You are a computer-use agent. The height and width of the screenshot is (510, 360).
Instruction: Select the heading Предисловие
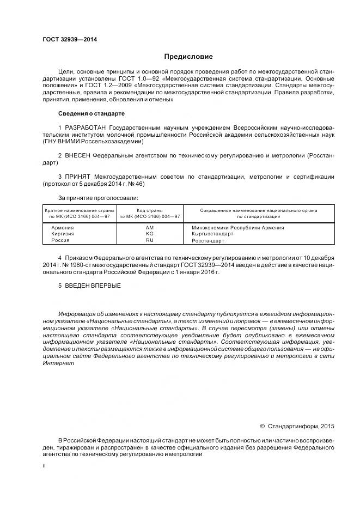tap(188, 57)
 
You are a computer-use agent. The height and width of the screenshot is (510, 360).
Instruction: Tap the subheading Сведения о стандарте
tap(91, 113)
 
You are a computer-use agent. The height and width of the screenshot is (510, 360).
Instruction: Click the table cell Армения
tap(62, 227)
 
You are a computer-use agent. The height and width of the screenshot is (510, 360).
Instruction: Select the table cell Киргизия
tap(63, 233)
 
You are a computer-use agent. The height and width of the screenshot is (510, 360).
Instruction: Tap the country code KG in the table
tap(150, 233)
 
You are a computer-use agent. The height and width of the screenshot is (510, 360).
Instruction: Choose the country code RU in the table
tap(150, 240)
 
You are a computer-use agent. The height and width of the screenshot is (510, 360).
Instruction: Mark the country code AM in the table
tap(150, 227)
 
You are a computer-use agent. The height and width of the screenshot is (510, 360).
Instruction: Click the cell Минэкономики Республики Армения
tap(237, 227)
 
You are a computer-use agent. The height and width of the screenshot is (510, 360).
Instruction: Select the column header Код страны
tap(150, 210)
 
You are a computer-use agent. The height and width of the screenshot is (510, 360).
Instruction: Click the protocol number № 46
tap(138, 184)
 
